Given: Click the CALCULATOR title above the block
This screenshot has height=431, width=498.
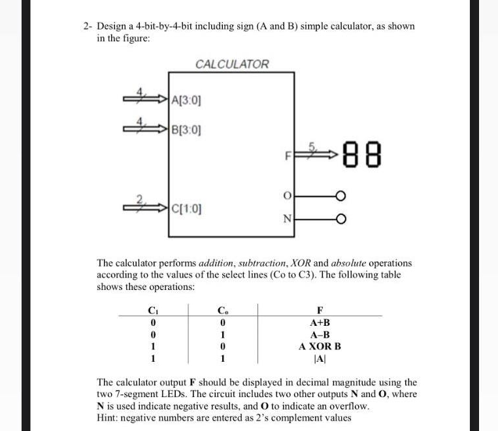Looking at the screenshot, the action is coord(232,64).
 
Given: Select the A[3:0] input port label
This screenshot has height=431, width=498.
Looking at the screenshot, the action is coord(186,101).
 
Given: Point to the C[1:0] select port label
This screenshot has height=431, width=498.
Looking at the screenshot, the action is coord(186,210).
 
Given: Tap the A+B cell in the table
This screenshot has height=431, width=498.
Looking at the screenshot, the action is coord(320,323).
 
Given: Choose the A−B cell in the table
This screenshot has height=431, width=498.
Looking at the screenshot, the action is coord(320,334).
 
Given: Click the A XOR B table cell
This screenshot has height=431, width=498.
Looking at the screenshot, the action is coord(320,346).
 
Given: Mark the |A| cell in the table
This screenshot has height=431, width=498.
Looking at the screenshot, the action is coord(320,358).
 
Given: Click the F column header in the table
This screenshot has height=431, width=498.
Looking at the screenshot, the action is coord(320,310).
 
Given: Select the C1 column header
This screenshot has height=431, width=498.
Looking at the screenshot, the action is coord(152,310).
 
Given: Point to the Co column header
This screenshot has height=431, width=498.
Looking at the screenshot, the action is coord(223,310).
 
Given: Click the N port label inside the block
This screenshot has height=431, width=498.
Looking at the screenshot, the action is coord(286,219).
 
